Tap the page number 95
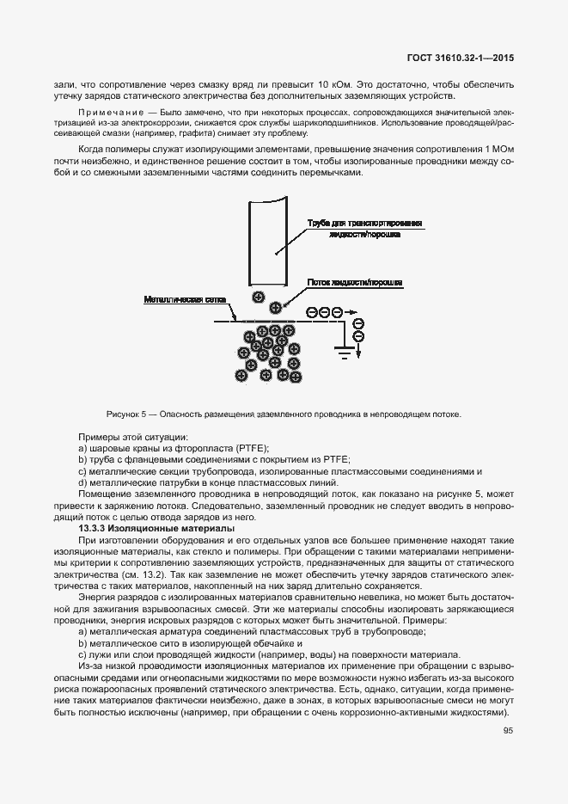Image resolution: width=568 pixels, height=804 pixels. pyautogui.click(x=508, y=732)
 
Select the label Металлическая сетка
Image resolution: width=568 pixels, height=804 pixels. pyautogui.click(x=174, y=299)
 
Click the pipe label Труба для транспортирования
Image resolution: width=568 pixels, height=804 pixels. pyautogui.click(x=364, y=223)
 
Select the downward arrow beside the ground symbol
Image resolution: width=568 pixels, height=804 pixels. pyautogui.click(x=359, y=349)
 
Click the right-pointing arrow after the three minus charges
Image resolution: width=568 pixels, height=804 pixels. pyautogui.click(x=349, y=312)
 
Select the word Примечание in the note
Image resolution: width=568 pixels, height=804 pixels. pyautogui.click(x=106, y=112)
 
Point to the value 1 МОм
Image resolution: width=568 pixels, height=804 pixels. pyautogui.click(x=500, y=149)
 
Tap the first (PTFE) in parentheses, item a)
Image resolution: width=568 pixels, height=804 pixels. pyautogui.click(x=250, y=449)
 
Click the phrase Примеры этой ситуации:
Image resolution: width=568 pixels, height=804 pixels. pyautogui.click(x=133, y=438)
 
